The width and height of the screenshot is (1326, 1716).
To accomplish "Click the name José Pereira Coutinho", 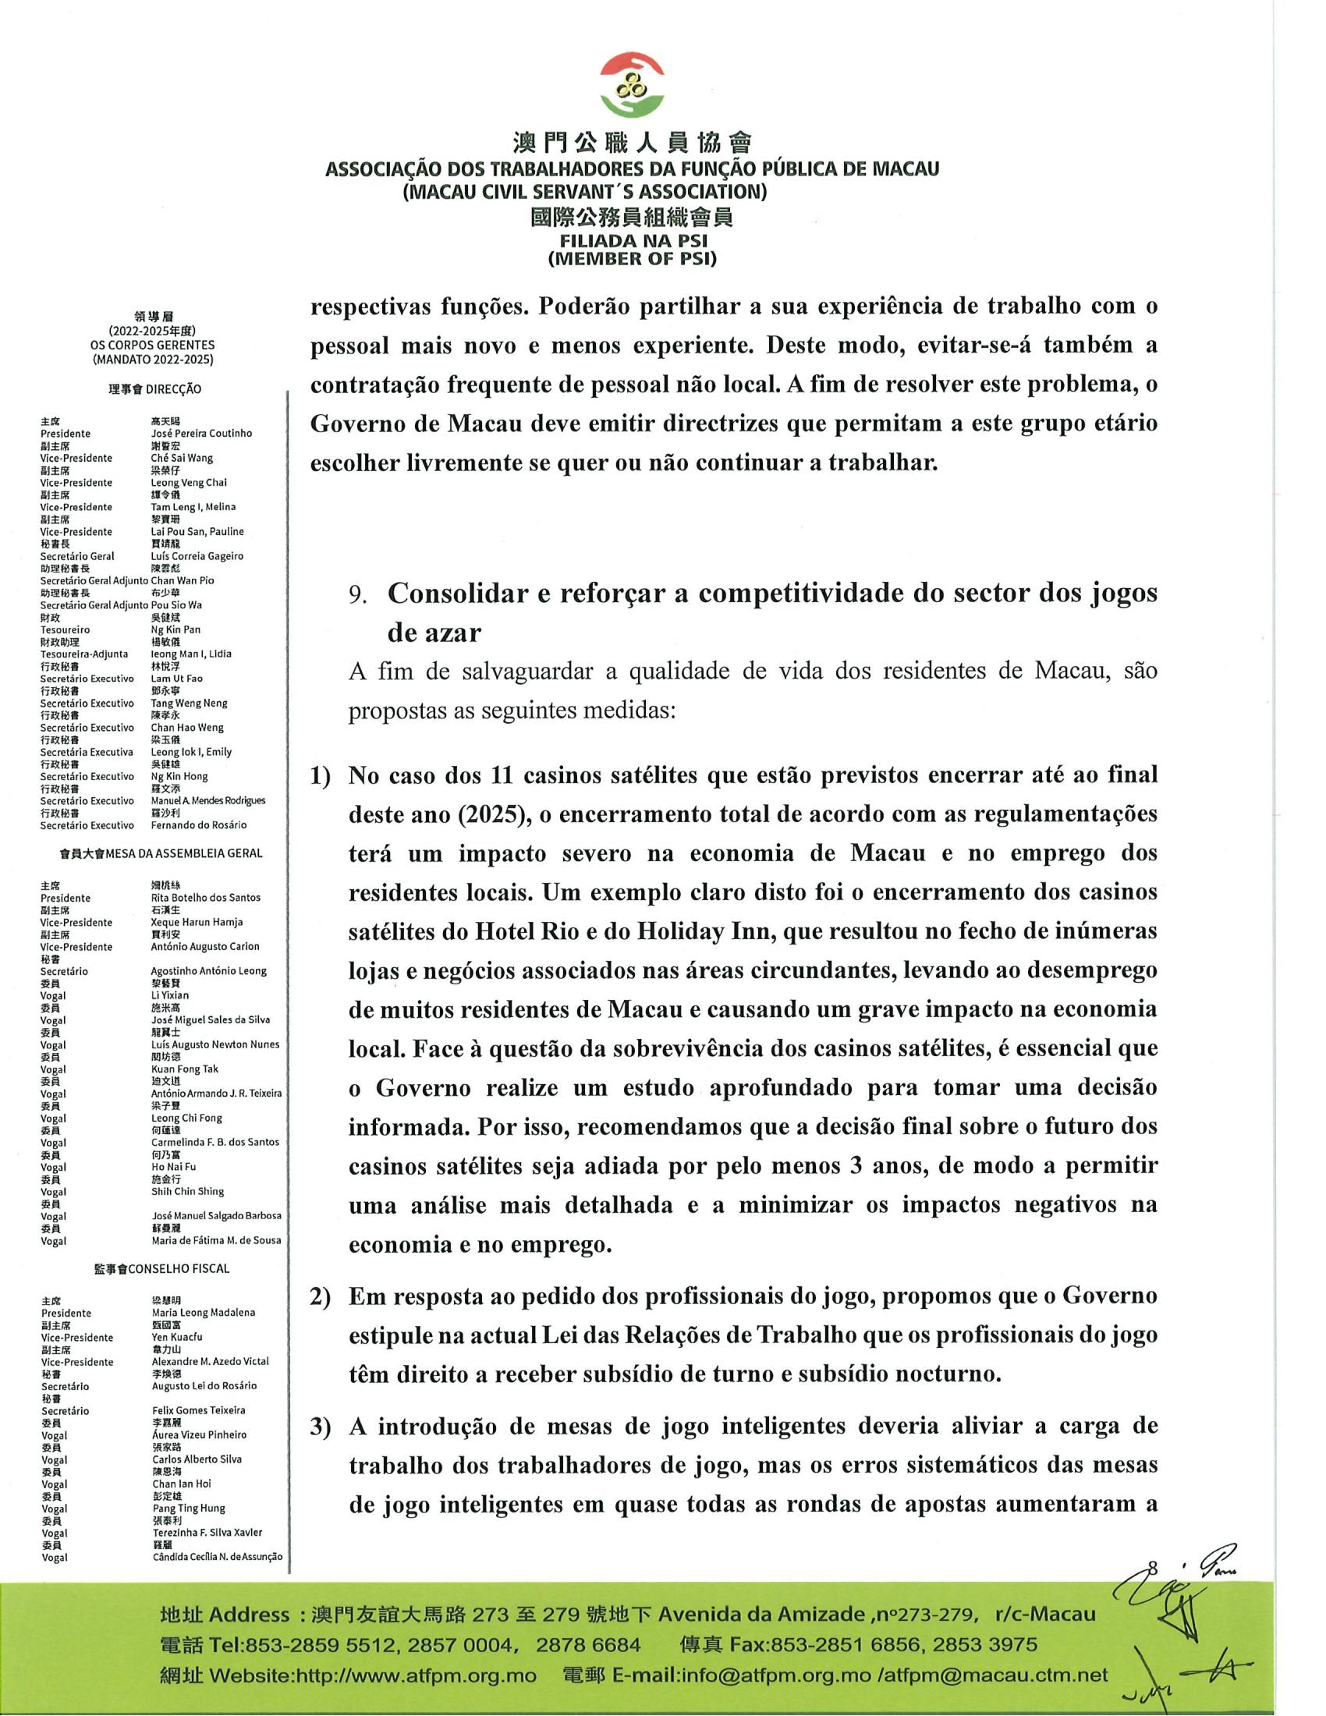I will (201, 433).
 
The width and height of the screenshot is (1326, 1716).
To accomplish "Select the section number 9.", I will (358, 595).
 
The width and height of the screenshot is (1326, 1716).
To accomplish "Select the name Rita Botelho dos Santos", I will (206, 897).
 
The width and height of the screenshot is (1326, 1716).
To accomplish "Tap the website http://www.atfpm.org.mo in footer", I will (414, 1675).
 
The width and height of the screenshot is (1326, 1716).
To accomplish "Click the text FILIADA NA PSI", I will (633, 242).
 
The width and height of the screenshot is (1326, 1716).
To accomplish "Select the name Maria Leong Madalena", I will (204, 1312).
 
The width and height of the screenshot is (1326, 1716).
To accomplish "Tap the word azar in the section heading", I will (434, 632).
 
